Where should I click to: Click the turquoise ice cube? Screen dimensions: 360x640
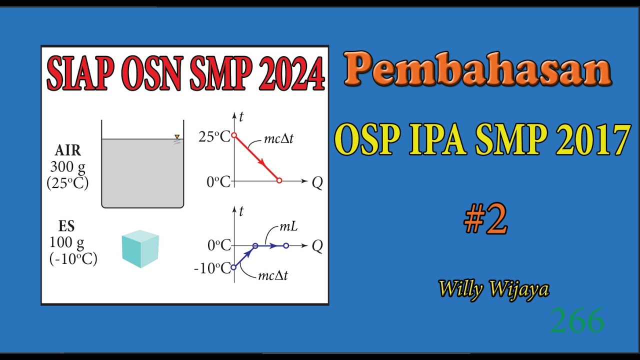pyautogui.click(x=140, y=248)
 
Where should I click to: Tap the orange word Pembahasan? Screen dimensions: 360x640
pyautogui.click(x=477, y=70)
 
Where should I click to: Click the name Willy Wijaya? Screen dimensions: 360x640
pyautogui.click(x=494, y=289)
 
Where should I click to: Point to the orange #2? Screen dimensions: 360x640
pyautogui.click(x=485, y=220)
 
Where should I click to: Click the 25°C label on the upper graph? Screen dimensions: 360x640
pyautogui.click(x=214, y=136)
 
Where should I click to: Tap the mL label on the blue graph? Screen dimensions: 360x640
pyautogui.click(x=288, y=226)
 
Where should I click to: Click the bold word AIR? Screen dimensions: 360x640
pyautogui.click(x=68, y=150)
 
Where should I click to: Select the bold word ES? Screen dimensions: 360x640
pyautogui.click(x=66, y=226)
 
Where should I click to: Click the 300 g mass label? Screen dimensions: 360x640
pyautogui.click(x=68, y=166)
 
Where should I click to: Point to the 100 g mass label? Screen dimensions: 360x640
pyautogui.click(x=67, y=242)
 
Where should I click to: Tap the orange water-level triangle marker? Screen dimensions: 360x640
pyautogui.click(x=176, y=136)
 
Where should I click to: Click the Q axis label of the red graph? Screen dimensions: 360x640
pyautogui.click(x=317, y=183)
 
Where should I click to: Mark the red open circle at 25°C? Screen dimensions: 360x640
pyautogui.click(x=233, y=135)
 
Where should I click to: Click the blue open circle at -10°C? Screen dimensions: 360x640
pyautogui.click(x=233, y=267)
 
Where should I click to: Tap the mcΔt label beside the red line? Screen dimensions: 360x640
pyautogui.click(x=278, y=138)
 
